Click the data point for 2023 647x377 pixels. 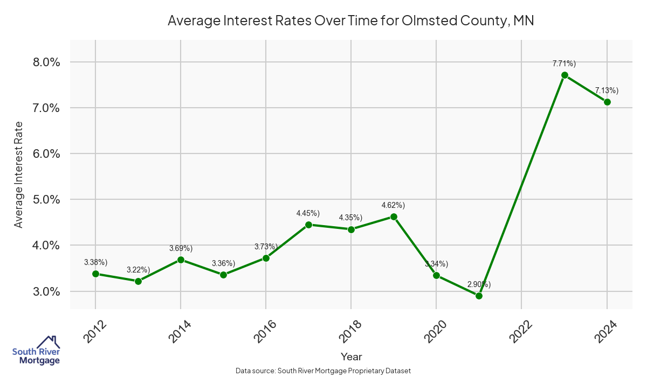[565, 75]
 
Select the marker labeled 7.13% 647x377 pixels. [607, 102]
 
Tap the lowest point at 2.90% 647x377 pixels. [479, 296]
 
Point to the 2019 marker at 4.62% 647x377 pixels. [394, 217]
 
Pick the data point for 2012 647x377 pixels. [95, 274]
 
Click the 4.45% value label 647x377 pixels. [308, 213]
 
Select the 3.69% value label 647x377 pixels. [181, 248]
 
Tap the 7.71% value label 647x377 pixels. [564, 64]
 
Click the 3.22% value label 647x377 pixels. [138, 269]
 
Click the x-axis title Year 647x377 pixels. [351, 357]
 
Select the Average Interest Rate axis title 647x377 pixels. [19, 174]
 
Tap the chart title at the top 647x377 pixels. [350, 20]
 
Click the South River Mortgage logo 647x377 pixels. [36, 351]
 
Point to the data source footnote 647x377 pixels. [323, 371]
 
